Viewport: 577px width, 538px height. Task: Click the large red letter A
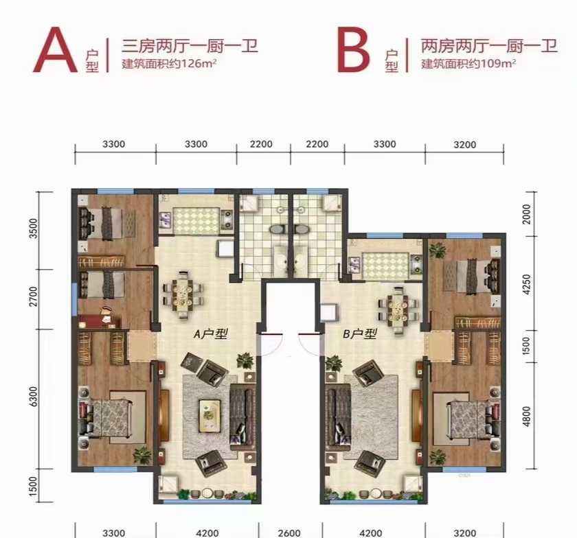[55, 50]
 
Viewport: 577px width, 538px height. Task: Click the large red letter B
[353, 50]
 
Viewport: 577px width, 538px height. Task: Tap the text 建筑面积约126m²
[168, 64]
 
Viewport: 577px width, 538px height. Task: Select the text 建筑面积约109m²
[468, 64]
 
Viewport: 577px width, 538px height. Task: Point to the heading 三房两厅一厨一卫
[190, 47]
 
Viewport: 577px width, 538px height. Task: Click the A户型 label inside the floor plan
[211, 334]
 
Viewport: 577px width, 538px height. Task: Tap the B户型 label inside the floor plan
[360, 334]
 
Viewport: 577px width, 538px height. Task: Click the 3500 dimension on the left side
[34, 229]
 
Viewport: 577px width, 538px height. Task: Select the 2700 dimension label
[34, 296]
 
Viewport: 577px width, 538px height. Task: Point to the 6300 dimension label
[34, 396]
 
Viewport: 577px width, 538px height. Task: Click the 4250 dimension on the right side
[527, 284]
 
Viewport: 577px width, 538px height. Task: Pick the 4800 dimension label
[527, 417]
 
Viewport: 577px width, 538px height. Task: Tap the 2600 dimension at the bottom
[289, 533]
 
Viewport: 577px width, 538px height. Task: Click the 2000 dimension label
[527, 214]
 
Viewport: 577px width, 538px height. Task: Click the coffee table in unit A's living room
[210, 414]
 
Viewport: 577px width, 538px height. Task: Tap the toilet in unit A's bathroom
[276, 230]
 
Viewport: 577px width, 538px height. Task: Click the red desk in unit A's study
[100, 320]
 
